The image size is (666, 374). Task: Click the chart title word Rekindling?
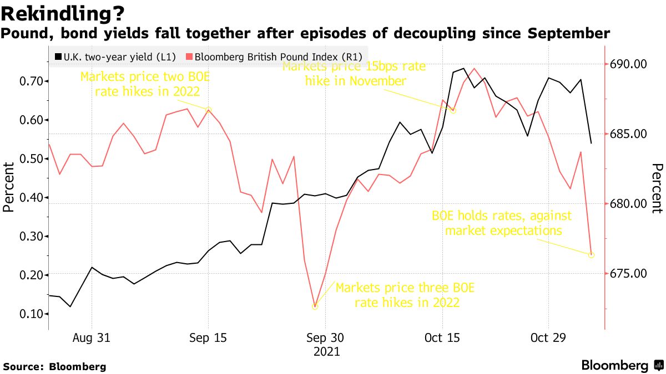[63, 12]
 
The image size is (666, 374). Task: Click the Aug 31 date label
[91, 338]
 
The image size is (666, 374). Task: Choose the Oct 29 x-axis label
[548, 338]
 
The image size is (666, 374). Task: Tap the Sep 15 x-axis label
[208, 338]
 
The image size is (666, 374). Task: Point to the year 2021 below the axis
[326, 351]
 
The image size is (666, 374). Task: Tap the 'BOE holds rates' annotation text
[502, 223]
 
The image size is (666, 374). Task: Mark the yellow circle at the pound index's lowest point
[315, 306]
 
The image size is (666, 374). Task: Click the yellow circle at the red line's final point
[591, 255]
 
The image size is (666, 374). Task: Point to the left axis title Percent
[8, 187]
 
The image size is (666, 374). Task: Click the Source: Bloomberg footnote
[54, 367]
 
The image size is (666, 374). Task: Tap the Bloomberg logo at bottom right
[622, 366]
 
